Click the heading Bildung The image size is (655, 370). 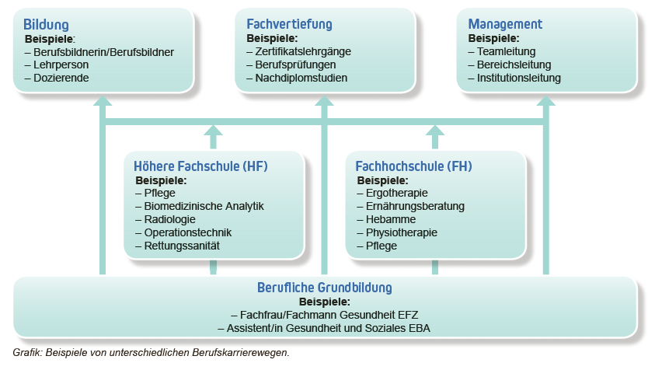[46, 25]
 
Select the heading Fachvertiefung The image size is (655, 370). [289, 25]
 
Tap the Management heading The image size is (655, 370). [504, 25]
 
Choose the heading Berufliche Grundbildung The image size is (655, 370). [324, 288]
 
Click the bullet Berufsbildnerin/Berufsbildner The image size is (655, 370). [103, 51]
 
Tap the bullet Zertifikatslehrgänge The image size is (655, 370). [303, 51]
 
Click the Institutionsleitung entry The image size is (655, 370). [518, 78]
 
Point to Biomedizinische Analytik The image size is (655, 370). [204, 206]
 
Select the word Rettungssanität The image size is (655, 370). [182, 246]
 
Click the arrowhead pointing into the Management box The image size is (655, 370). [545, 101]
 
